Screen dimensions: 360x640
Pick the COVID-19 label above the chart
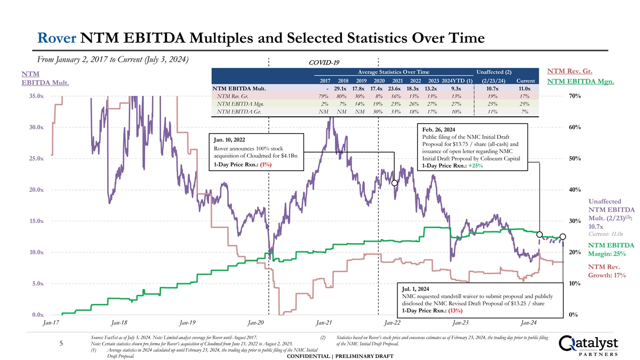tap(323, 62)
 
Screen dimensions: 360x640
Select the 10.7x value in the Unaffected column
tap(492, 89)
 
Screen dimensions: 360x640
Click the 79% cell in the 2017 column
tap(319, 97)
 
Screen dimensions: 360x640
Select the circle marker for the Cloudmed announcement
tap(395, 183)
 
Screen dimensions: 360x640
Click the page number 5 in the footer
tap(62, 344)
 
